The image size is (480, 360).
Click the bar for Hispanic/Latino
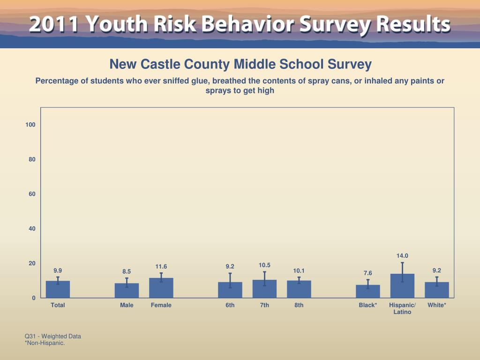[402, 286]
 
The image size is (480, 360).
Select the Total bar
[58, 289]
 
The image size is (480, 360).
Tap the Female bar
[161, 288]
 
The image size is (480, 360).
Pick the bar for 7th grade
[264, 289]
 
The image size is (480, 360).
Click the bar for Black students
[368, 291]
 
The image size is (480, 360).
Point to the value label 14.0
[402, 256]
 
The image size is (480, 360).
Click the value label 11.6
[161, 267]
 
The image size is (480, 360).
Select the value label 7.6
[368, 273]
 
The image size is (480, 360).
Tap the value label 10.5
[264, 265]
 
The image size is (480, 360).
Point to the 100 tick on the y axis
[31, 125]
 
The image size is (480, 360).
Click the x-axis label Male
[127, 305]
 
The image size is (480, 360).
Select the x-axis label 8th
[299, 305]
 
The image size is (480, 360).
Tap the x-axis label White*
[437, 305]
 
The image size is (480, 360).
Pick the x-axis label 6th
[230, 305]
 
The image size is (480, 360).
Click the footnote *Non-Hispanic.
[45, 343]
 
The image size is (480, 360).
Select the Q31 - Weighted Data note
[53, 336]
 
